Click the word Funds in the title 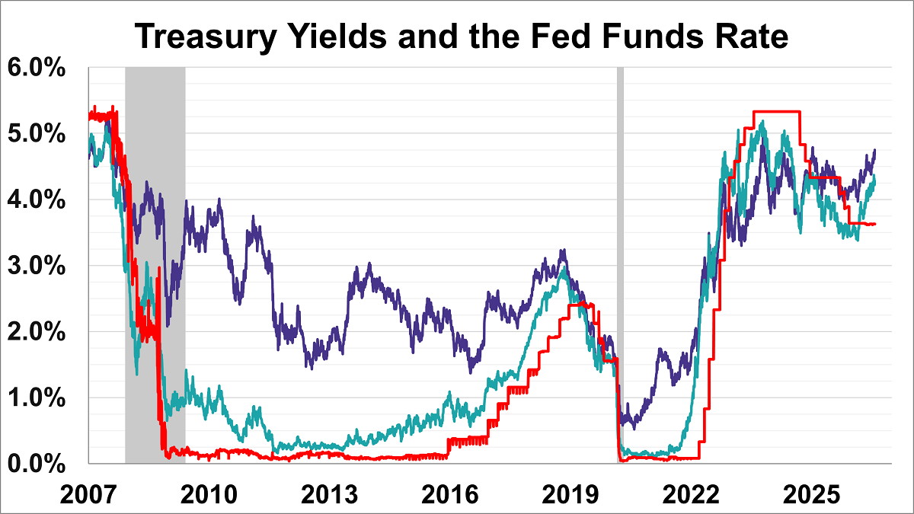(653, 36)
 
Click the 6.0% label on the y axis (37, 67)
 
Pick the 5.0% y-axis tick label (37, 133)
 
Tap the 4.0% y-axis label (37, 200)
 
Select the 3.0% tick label (37, 266)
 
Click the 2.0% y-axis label (37, 332)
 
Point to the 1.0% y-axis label (37, 397)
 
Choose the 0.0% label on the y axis (37, 464)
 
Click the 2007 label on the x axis (88, 495)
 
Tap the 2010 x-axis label (209, 495)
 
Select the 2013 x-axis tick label (329, 495)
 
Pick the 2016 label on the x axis (449, 495)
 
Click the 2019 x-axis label (570, 495)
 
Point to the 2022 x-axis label (691, 495)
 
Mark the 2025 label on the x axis (812, 495)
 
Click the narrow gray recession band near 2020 (620, 265)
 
